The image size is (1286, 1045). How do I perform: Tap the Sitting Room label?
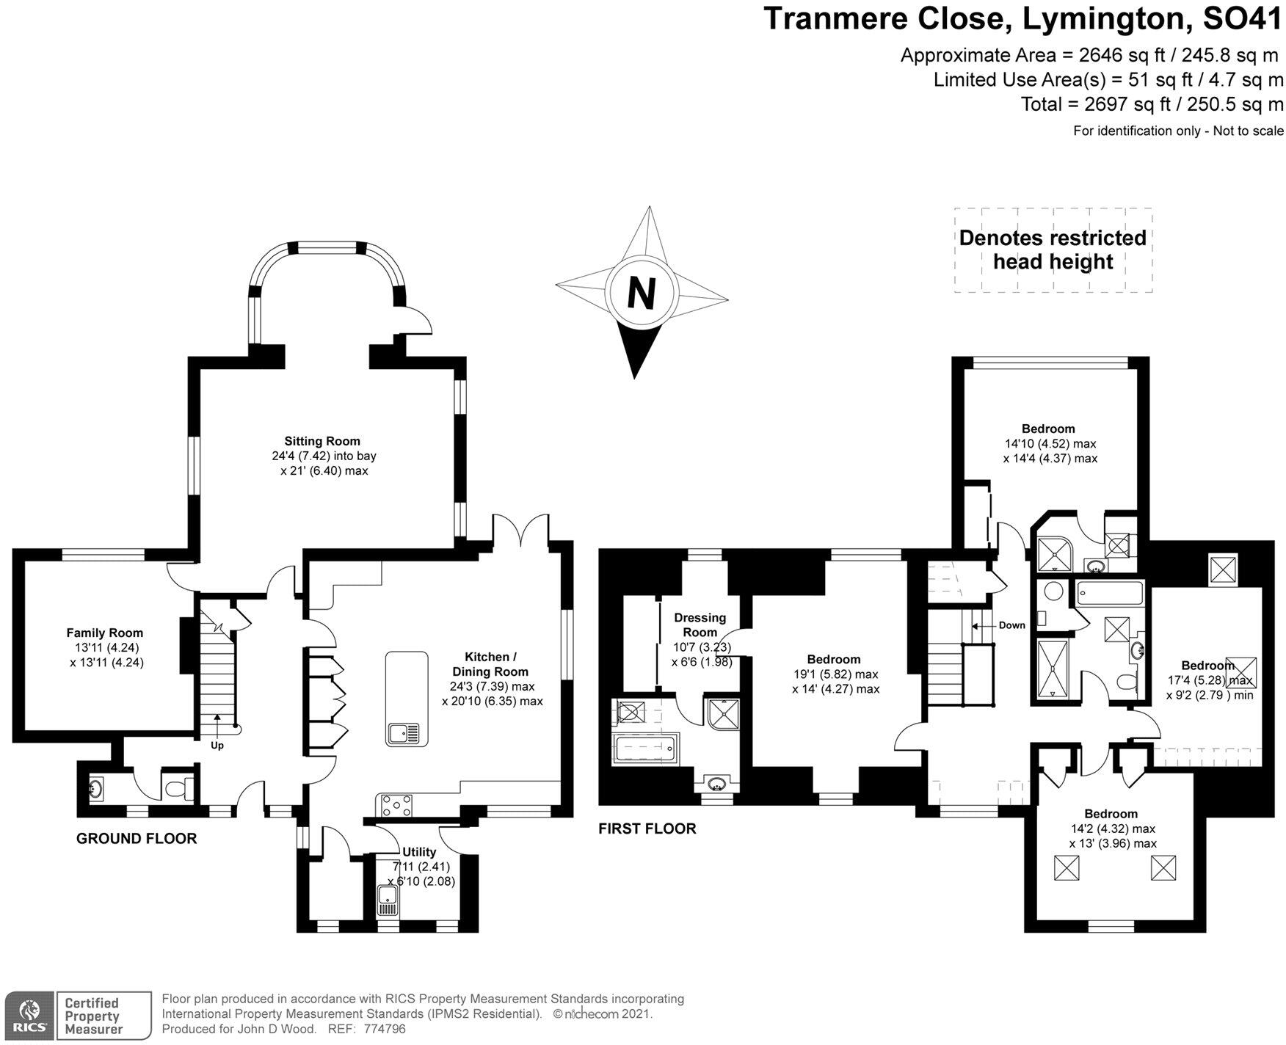click(322, 441)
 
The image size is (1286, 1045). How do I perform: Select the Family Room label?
click(105, 633)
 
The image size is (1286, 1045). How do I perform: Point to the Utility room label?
click(419, 852)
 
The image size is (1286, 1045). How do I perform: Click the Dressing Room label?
click(700, 625)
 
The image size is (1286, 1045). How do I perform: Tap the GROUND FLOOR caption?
click(137, 838)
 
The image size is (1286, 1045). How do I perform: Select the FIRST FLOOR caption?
click(647, 829)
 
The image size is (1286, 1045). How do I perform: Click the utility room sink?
click(386, 900)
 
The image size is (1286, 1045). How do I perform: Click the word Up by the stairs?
click(217, 746)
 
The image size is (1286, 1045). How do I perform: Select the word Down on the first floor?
click(1011, 625)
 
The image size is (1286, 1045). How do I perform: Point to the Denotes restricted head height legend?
click(1053, 250)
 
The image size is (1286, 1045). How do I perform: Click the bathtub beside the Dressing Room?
click(646, 749)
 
